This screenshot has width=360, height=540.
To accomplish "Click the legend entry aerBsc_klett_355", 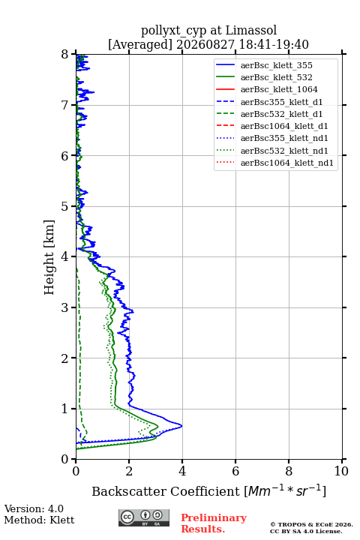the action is click(276, 65).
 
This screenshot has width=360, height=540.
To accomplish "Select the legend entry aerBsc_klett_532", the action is click(276, 77).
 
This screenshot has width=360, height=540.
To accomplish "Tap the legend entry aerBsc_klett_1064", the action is click(279, 89).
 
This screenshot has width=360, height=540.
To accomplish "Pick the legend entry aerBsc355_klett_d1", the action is click(281, 102).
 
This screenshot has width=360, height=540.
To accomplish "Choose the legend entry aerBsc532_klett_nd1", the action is click(284, 151).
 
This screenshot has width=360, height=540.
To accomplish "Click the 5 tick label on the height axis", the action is click(65, 206).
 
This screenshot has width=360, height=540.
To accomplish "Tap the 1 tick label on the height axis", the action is click(65, 409).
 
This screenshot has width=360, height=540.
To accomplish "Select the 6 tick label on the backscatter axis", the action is click(235, 471).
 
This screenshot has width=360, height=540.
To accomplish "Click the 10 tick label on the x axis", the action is click(341, 471).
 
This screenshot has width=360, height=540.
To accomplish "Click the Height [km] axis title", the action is click(49, 257).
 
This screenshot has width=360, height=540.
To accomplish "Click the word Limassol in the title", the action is click(251, 30).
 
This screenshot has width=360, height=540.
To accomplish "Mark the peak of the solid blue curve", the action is click(182, 426).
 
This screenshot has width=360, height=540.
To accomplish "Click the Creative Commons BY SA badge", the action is click(144, 517).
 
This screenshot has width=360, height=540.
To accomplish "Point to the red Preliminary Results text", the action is click(214, 523).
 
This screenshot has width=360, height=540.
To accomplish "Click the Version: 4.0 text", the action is click(34, 508).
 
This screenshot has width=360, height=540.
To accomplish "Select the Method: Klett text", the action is click(39, 520).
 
